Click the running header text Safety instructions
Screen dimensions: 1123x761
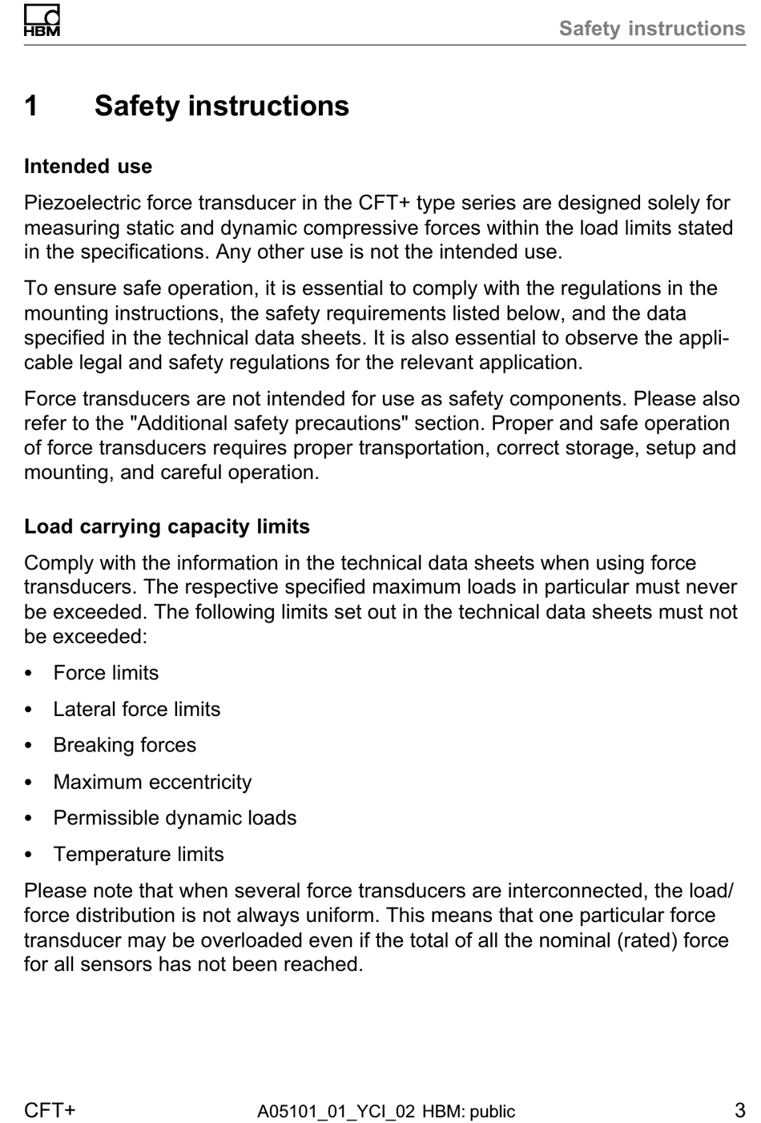pos(651,29)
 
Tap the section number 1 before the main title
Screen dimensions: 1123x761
pos(31,106)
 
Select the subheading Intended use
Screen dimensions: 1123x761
pos(88,167)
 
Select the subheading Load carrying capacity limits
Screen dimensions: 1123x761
pos(167,526)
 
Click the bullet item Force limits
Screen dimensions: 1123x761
pos(106,673)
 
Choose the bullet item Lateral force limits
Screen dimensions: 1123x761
pos(136,709)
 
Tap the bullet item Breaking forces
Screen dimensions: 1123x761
pos(124,745)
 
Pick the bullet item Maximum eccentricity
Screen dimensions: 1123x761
pos(152,782)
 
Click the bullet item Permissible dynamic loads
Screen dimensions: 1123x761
pos(175,818)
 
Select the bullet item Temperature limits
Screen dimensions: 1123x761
pos(139,854)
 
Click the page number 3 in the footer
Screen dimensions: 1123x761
pos(739,1110)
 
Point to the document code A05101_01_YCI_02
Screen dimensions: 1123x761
pos(336,1112)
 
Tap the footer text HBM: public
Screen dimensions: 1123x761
pos(469,1112)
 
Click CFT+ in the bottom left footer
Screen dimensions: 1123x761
pos(50,1110)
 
